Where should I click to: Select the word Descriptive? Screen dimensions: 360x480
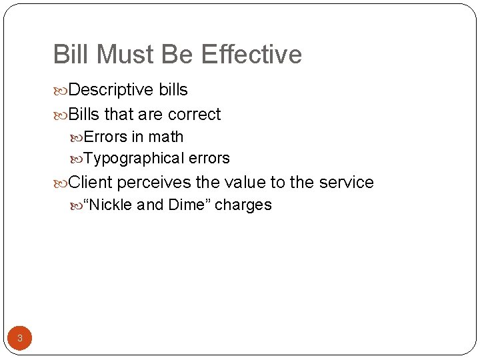click(111, 90)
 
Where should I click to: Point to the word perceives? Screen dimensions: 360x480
click(154, 182)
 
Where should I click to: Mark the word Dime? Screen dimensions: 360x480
click(187, 205)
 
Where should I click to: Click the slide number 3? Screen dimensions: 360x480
click(20, 338)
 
